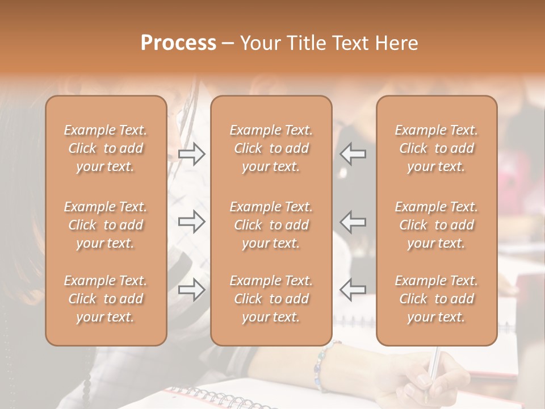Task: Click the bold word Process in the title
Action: pyautogui.click(x=178, y=43)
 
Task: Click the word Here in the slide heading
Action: pyautogui.click(x=397, y=43)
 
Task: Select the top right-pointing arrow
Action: pyautogui.click(x=192, y=154)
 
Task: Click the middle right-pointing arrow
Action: pyautogui.click(x=192, y=222)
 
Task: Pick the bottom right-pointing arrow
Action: pyautogui.click(x=192, y=289)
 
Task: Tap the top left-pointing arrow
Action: pyautogui.click(x=353, y=154)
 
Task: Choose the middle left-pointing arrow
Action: pyautogui.click(x=353, y=222)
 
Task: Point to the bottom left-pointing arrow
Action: pyautogui.click(x=353, y=289)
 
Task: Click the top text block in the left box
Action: pyautogui.click(x=106, y=148)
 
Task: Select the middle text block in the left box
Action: pyautogui.click(x=106, y=225)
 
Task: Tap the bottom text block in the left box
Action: pyautogui.click(x=106, y=299)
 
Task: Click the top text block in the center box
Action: pyautogui.click(x=271, y=148)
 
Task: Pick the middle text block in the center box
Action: pyautogui.click(x=271, y=225)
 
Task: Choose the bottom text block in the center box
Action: pyautogui.click(x=271, y=299)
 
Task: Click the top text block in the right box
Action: pyautogui.click(x=436, y=148)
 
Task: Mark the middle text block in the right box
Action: pyautogui.click(x=436, y=225)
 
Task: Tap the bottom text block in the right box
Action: pyautogui.click(x=436, y=299)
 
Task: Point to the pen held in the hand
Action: pyautogui.click(x=433, y=366)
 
